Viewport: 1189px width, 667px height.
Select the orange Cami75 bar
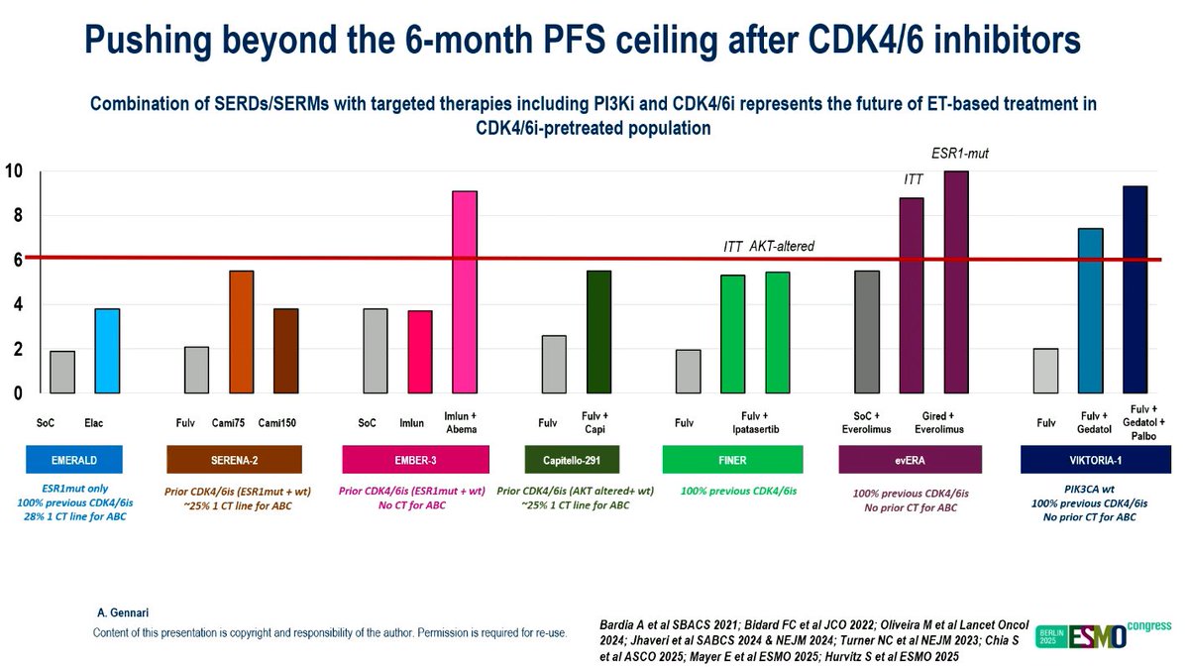click(242, 332)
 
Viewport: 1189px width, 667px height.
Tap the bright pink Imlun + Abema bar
click(465, 291)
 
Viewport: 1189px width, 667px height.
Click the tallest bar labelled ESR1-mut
click(956, 282)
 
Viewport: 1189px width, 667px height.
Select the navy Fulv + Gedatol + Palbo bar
click(1135, 289)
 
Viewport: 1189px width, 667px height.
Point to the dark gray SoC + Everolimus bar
click(866, 332)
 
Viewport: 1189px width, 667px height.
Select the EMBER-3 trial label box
click(415, 459)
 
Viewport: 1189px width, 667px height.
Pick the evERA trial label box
click(910, 459)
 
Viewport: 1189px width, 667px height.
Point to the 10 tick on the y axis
click(15, 171)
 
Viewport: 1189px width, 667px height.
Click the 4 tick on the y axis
click(17, 305)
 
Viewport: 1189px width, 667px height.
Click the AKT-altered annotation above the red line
click(782, 246)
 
